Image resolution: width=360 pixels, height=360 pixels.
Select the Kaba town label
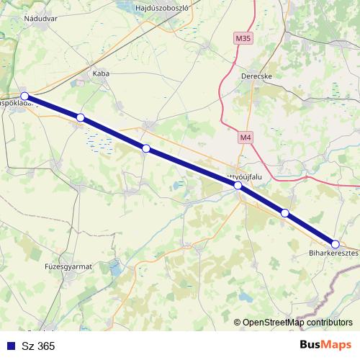pos(100,73)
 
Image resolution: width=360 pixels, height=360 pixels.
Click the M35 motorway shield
pos(243,36)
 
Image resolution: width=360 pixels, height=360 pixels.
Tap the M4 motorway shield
pos(248,135)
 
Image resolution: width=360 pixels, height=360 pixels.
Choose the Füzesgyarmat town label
pos(69,266)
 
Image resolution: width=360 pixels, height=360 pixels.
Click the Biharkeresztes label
pos(333,254)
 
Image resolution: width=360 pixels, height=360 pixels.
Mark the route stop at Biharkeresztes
pos(336,244)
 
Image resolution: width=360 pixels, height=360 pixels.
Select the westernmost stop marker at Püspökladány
pos(24,96)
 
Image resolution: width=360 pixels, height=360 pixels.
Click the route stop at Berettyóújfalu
pos(238,186)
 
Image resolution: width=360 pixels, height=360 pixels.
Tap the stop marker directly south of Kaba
pos(146,148)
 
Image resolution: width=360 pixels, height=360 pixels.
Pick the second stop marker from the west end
pos(81,117)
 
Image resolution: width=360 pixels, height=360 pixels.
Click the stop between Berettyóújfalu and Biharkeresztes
pos(285,212)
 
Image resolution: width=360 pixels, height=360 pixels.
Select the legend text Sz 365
pos(38,346)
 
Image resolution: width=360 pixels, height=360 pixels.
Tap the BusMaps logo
pos(325,345)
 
